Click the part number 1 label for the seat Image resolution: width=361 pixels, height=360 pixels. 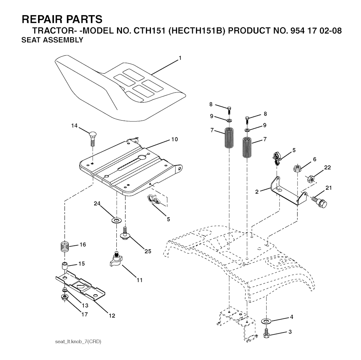click(180, 58)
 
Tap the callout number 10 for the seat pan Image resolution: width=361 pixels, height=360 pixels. click(175, 139)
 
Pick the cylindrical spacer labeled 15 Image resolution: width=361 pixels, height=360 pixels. click(65, 266)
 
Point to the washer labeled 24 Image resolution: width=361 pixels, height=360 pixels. click(116, 220)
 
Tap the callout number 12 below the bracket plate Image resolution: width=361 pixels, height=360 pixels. click(112, 316)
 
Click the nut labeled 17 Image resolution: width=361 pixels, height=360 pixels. click(65, 297)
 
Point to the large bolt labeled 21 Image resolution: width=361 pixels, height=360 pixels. click(319, 201)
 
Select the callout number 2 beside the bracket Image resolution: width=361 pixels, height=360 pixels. click(257, 191)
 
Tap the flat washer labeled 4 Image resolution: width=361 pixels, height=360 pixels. click(266, 321)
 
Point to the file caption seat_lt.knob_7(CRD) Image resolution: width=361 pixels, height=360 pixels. click(78, 342)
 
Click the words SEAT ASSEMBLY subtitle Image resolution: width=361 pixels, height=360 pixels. click(52, 40)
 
